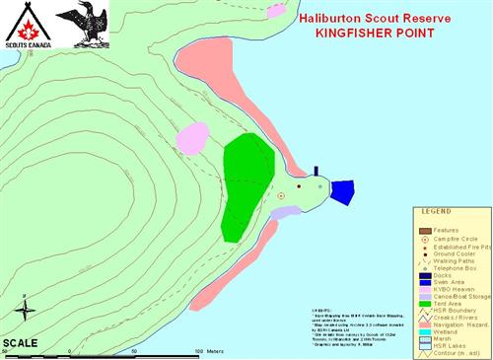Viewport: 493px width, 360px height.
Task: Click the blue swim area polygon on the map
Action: (x=341, y=192)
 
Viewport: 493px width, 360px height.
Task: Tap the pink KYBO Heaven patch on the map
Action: (x=191, y=138)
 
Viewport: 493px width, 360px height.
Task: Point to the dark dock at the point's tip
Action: (x=316, y=170)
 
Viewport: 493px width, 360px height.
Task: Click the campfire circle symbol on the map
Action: (x=281, y=196)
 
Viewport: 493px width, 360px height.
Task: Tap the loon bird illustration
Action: (x=83, y=25)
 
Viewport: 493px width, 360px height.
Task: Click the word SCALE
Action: (x=20, y=343)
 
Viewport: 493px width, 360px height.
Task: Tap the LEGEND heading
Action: (x=436, y=212)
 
